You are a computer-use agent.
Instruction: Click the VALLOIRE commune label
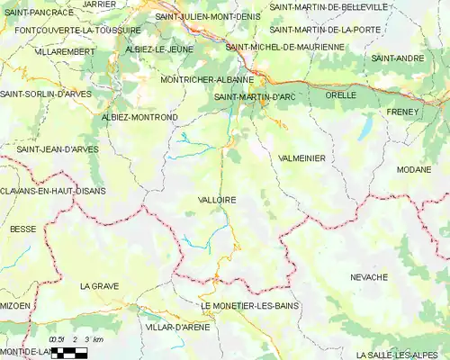click(216, 200)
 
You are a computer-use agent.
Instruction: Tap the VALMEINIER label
click(302, 157)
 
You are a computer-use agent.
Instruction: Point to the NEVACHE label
click(369, 277)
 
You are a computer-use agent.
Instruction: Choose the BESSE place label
click(22, 229)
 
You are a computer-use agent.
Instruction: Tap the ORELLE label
click(341, 94)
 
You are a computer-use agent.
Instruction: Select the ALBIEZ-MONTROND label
click(140, 118)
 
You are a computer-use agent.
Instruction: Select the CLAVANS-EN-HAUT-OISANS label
click(53, 191)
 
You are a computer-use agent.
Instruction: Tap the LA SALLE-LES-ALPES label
click(395, 355)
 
